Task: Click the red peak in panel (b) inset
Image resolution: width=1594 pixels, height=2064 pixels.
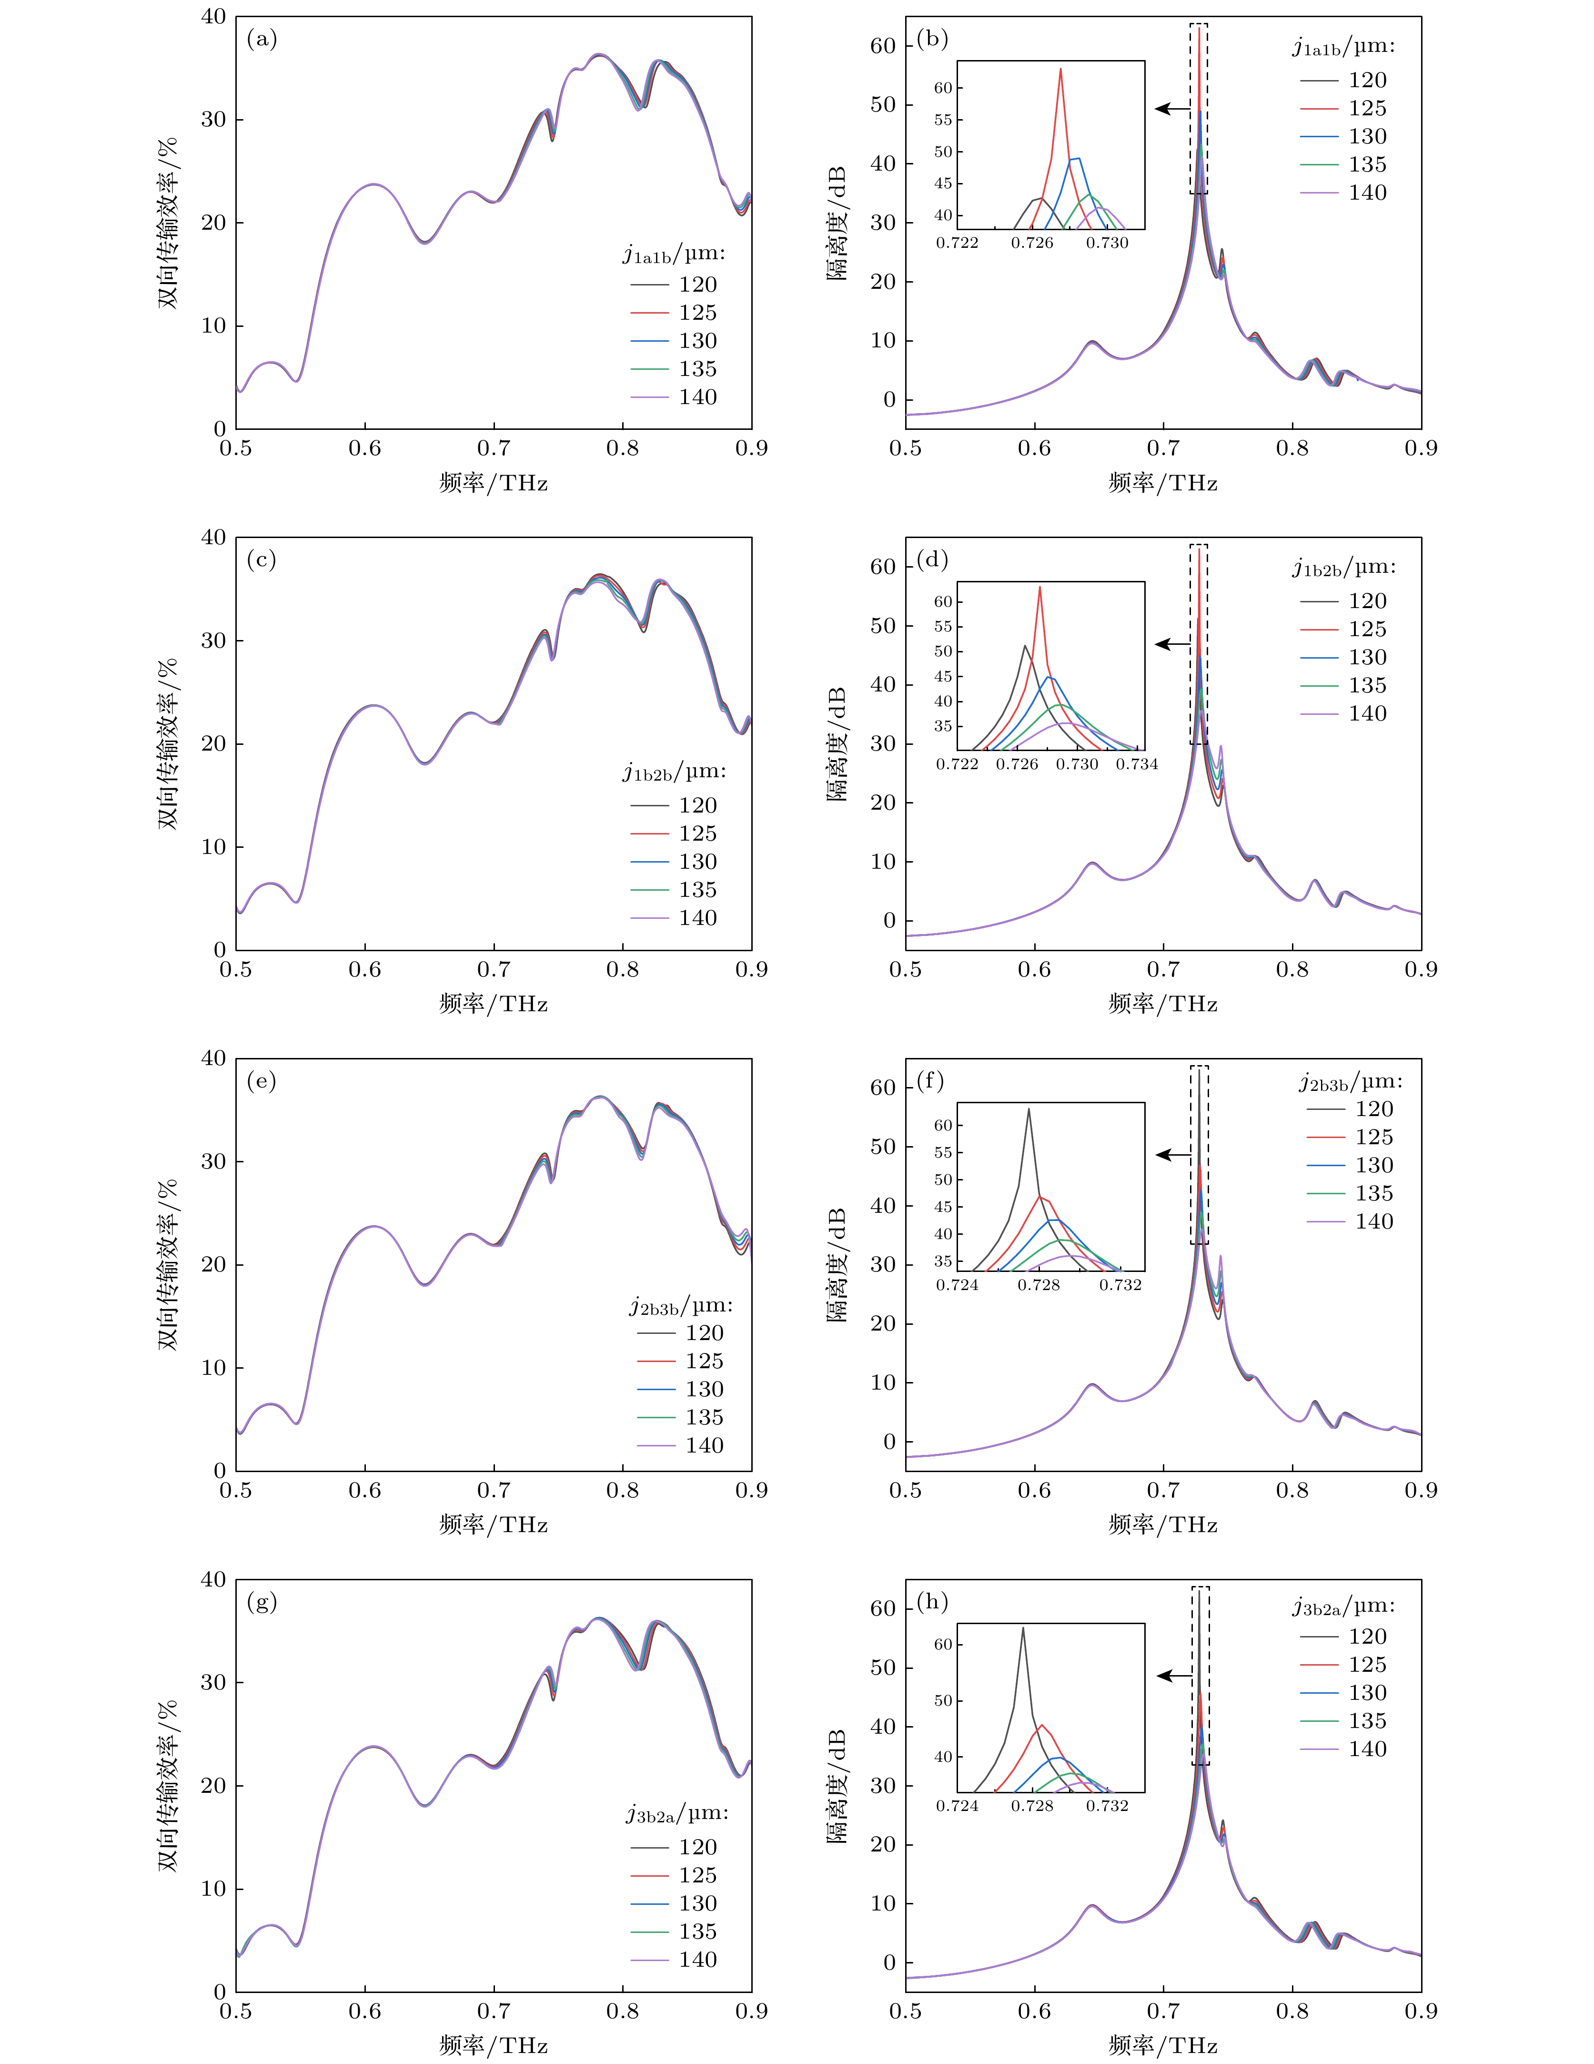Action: (x=1060, y=69)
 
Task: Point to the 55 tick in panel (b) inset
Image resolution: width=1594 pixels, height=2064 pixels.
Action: (x=943, y=120)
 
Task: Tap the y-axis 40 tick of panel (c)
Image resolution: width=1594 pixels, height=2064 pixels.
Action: (x=213, y=538)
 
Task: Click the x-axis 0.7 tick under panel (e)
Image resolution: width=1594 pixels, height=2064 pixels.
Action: (x=493, y=1490)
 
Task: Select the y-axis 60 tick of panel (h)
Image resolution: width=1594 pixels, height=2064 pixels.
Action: (x=882, y=1608)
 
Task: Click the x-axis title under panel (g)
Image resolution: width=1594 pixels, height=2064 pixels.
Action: (x=493, y=2045)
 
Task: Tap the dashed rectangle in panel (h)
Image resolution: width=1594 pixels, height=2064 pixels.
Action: (x=1200, y=1676)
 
